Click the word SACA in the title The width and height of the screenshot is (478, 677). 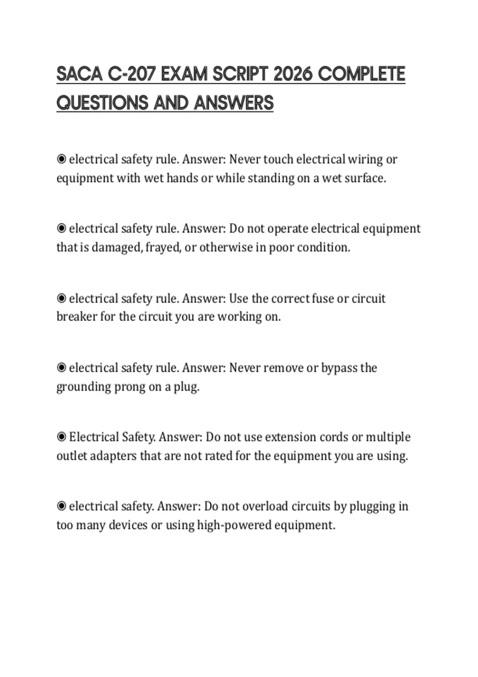(x=79, y=74)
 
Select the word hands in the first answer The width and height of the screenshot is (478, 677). (x=182, y=178)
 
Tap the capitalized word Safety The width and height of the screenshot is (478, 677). (x=137, y=437)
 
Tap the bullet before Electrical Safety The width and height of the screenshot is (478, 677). (x=61, y=437)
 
